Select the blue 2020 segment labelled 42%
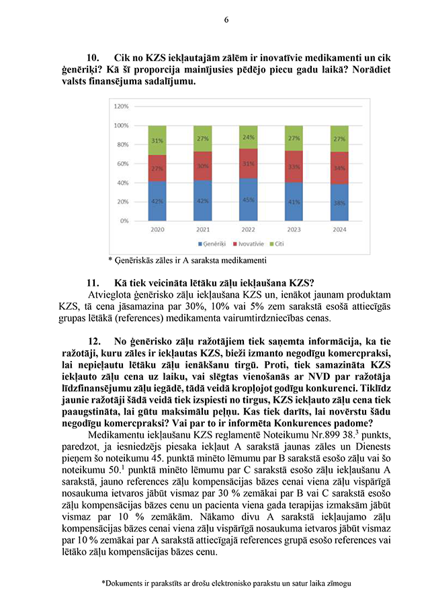(157, 201)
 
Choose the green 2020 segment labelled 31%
(157, 140)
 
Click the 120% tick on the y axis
(121, 106)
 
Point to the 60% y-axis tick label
(123, 163)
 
